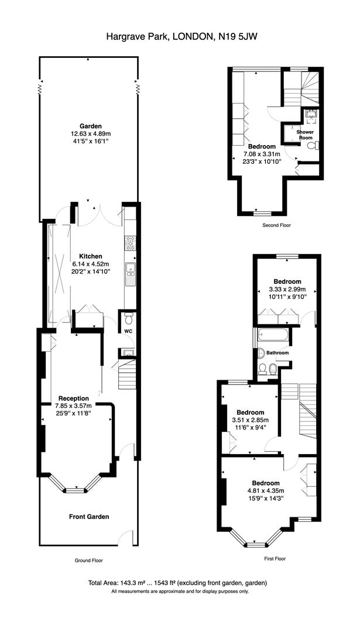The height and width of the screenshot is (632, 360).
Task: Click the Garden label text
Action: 90,125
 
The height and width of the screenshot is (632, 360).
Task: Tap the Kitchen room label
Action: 90,256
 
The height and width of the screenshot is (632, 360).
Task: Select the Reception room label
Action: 73,399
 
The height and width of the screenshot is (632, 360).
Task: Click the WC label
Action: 128,331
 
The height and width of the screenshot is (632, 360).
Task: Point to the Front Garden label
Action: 89,517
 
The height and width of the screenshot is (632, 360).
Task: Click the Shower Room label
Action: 305,135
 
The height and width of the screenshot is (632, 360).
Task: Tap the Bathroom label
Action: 278,353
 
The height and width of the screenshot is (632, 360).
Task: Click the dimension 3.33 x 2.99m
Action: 287,289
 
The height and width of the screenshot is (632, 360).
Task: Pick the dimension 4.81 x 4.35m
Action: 266,490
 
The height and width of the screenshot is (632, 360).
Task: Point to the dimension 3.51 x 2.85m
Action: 251,420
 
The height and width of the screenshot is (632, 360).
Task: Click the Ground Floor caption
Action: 89,560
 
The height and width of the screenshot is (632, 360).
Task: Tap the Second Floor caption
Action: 276,225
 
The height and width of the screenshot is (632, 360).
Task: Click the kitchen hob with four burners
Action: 130,243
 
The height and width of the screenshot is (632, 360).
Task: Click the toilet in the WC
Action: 128,319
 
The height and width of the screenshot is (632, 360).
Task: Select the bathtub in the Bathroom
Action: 273,334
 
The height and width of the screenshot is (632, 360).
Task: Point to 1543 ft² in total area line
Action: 164,583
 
